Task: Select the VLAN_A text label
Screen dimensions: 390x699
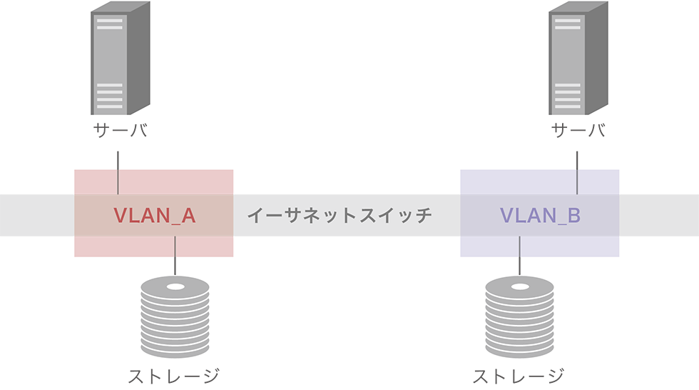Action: click(154, 215)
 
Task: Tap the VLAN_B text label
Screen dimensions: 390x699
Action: click(539, 215)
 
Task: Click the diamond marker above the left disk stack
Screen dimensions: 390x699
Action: click(175, 266)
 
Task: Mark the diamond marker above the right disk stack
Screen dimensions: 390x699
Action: click(520, 266)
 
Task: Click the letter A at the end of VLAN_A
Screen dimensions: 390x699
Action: click(188, 215)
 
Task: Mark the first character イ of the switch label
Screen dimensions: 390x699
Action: click(255, 215)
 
